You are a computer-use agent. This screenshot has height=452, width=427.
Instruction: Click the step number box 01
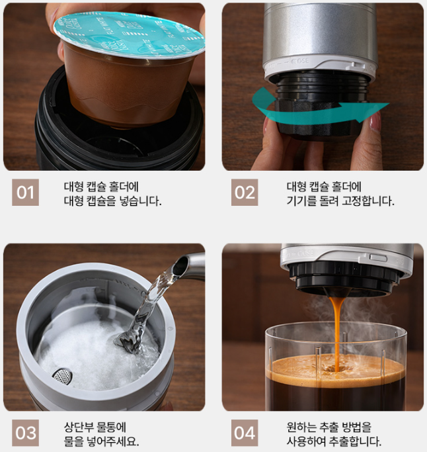[x=25, y=193]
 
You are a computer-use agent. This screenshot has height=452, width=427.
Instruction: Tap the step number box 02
[x=245, y=193]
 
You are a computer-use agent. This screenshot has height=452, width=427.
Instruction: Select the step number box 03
[x=25, y=433]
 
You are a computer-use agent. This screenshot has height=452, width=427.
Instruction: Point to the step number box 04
[x=245, y=433]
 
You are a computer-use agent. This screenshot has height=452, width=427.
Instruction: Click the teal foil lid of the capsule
[x=130, y=33]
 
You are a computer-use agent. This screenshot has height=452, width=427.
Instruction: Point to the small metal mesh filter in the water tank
[x=62, y=376]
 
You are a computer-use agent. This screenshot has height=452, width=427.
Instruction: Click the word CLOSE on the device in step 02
[x=300, y=61]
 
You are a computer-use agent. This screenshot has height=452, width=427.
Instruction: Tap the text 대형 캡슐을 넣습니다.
[x=112, y=201]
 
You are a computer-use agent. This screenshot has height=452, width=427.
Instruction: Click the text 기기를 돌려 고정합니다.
[x=340, y=201]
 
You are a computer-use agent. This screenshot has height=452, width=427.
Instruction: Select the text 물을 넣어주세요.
[x=101, y=441]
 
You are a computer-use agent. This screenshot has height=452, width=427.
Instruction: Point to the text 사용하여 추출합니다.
[x=334, y=441]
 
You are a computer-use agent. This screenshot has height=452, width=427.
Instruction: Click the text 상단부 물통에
[x=95, y=428]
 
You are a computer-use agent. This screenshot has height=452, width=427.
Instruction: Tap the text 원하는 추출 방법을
[x=329, y=428]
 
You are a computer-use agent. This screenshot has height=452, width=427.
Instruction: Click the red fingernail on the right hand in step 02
[x=375, y=120]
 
